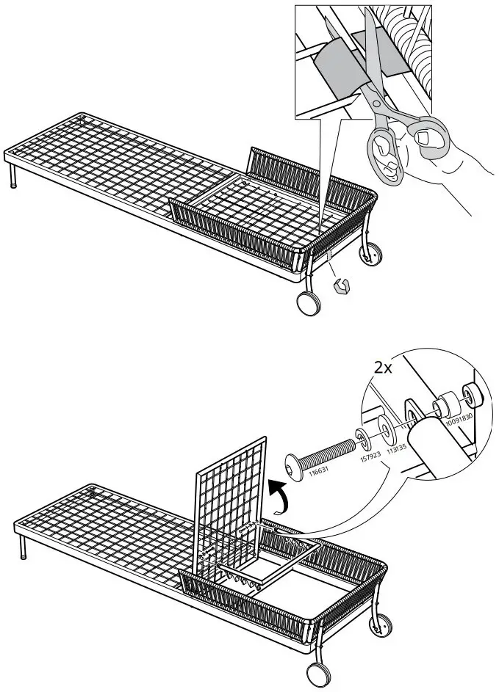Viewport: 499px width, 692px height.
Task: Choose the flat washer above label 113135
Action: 383,428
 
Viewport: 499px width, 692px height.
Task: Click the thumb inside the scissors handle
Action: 425,136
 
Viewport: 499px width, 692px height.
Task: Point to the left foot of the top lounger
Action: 14,179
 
